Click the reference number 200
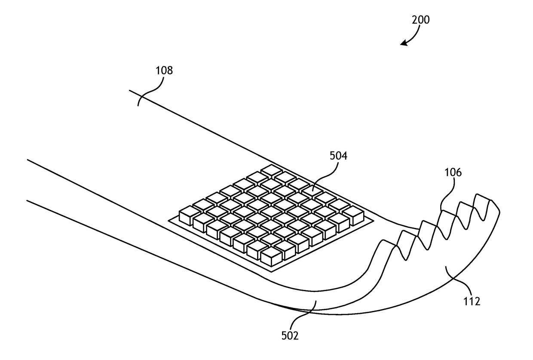[421, 20]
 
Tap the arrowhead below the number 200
[404, 43]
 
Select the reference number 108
[164, 71]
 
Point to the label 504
[338, 156]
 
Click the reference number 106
[453, 172]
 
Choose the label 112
[472, 302]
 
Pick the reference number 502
[290, 336]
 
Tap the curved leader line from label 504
[325, 176]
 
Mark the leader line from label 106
[447, 194]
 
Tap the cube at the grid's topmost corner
[272, 171]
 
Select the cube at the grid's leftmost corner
[190, 215]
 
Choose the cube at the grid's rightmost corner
[353, 215]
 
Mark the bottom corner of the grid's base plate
[271, 272]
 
